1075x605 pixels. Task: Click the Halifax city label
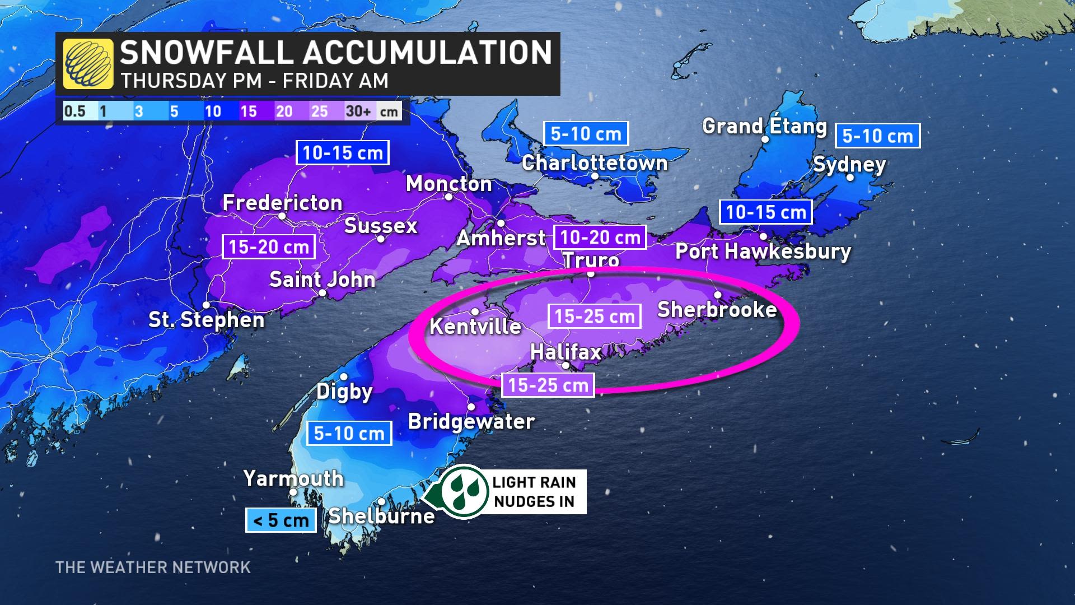[x=565, y=352]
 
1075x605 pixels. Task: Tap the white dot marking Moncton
[x=448, y=197]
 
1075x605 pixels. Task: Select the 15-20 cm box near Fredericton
[x=269, y=247]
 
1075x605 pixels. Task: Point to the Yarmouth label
[x=293, y=478]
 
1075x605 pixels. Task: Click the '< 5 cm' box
[x=281, y=520]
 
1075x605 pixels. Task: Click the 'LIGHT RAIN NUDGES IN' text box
[x=534, y=492]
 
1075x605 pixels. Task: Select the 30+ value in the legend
[x=358, y=111]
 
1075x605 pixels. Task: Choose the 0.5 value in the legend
[x=74, y=111]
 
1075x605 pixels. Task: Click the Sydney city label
[x=849, y=164]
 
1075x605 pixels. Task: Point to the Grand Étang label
[x=764, y=126]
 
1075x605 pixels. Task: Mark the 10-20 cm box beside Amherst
[x=600, y=238]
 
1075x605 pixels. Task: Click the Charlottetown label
[x=595, y=162]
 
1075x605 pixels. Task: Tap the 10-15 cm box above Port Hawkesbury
[x=765, y=212]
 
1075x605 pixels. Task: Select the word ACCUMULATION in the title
[x=428, y=52]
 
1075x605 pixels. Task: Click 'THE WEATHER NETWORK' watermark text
[x=153, y=567]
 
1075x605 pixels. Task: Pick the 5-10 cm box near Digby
[x=349, y=433]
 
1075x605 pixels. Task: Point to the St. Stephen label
[x=206, y=320]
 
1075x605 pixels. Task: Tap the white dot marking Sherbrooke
[x=718, y=295]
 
